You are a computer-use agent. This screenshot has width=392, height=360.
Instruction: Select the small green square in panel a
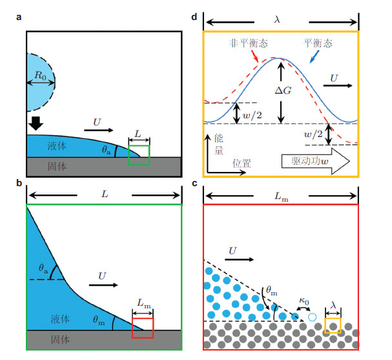click(x=139, y=156)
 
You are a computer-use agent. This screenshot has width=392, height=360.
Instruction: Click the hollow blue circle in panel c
click(x=313, y=318)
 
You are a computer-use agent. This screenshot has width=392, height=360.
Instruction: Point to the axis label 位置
click(x=242, y=165)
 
